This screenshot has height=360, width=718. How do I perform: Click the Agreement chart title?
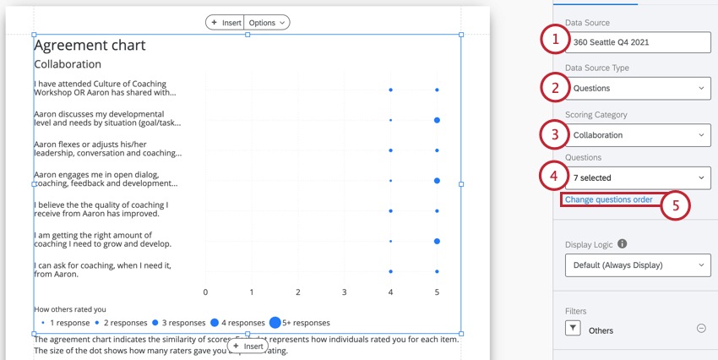pos(90,46)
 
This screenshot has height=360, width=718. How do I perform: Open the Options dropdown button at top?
pos(267,23)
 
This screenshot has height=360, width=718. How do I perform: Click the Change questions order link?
pos(608,200)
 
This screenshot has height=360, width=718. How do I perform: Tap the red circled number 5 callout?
pos(675,205)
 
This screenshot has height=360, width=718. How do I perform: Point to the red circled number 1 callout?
pos(555,39)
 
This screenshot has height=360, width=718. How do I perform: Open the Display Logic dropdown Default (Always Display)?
pos(638,265)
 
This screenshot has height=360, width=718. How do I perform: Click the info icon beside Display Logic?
pos(623,244)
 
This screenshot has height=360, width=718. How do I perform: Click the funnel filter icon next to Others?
pos(573,329)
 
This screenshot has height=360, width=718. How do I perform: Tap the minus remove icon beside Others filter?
pos(701,329)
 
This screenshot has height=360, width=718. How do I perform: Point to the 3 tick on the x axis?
pos(344,292)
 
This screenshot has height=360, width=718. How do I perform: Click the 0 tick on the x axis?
pos(205,292)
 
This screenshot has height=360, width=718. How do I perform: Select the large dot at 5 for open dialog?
pos(437,181)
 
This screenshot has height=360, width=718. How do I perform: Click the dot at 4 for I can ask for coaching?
pos(390,271)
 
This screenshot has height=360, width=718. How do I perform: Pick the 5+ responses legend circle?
pos(275,323)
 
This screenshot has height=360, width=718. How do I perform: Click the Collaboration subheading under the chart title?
pos(68,64)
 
